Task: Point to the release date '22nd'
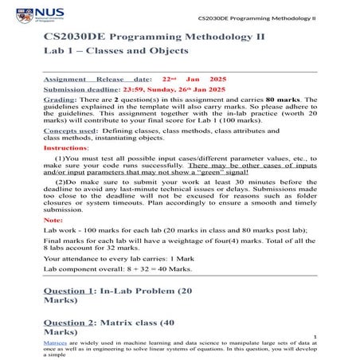click(168, 80)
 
